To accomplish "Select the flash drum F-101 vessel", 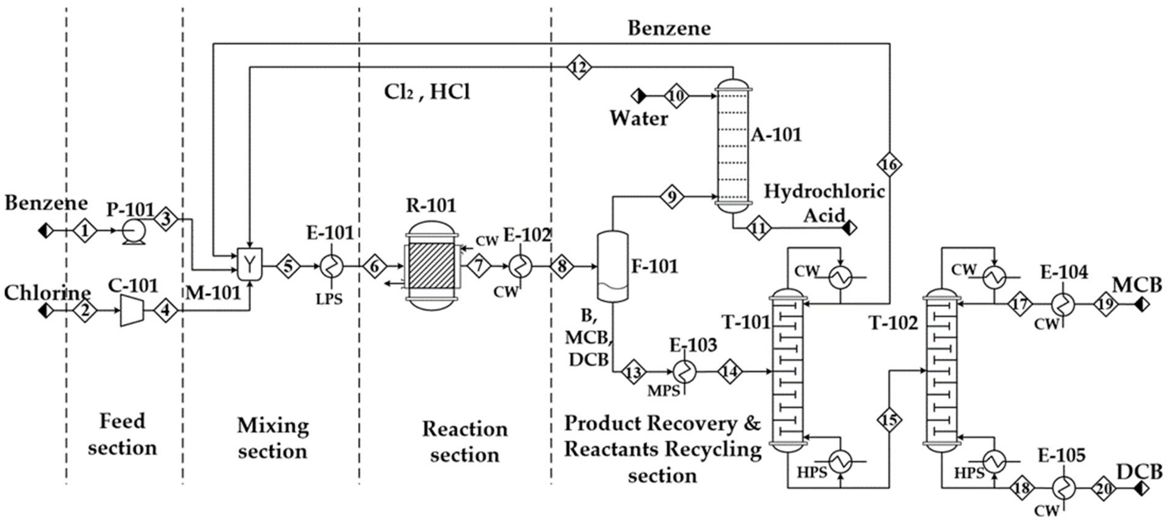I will [612, 266].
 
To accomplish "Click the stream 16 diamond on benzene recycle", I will [889, 165].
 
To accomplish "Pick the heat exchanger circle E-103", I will [684, 372].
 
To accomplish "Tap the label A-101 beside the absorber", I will [776, 135].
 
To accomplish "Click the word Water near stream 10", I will [639, 118].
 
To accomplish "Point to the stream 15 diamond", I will [889, 420].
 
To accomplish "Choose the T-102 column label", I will [893, 323].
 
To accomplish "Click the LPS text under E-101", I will [329, 299].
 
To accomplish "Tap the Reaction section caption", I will [465, 442].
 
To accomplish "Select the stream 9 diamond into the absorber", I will [671, 197].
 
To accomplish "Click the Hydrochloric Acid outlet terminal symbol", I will [850, 228].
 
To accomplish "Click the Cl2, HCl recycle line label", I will [427, 92].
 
